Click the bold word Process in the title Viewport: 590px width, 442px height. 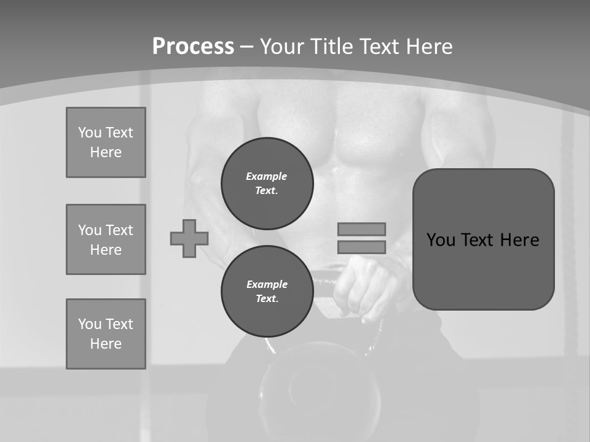pos(193,47)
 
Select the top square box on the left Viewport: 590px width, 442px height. pos(106,142)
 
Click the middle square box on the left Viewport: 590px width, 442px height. pos(106,239)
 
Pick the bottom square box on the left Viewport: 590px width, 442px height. pos(106,334)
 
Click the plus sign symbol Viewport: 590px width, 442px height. pos(189,238)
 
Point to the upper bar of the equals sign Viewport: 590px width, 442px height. pos(362,229)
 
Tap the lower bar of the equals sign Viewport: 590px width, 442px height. pos(362,247)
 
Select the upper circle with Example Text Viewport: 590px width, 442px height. pos(267,183)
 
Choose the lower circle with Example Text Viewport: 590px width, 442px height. pos(267,291)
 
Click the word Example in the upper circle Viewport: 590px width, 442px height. pos(267,176)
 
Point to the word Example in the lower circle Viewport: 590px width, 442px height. pos(267,284)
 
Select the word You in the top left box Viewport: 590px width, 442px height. pos(89,133)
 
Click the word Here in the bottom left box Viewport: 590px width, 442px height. pos(106,344)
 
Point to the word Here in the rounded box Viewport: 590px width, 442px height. pos(519,240)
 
